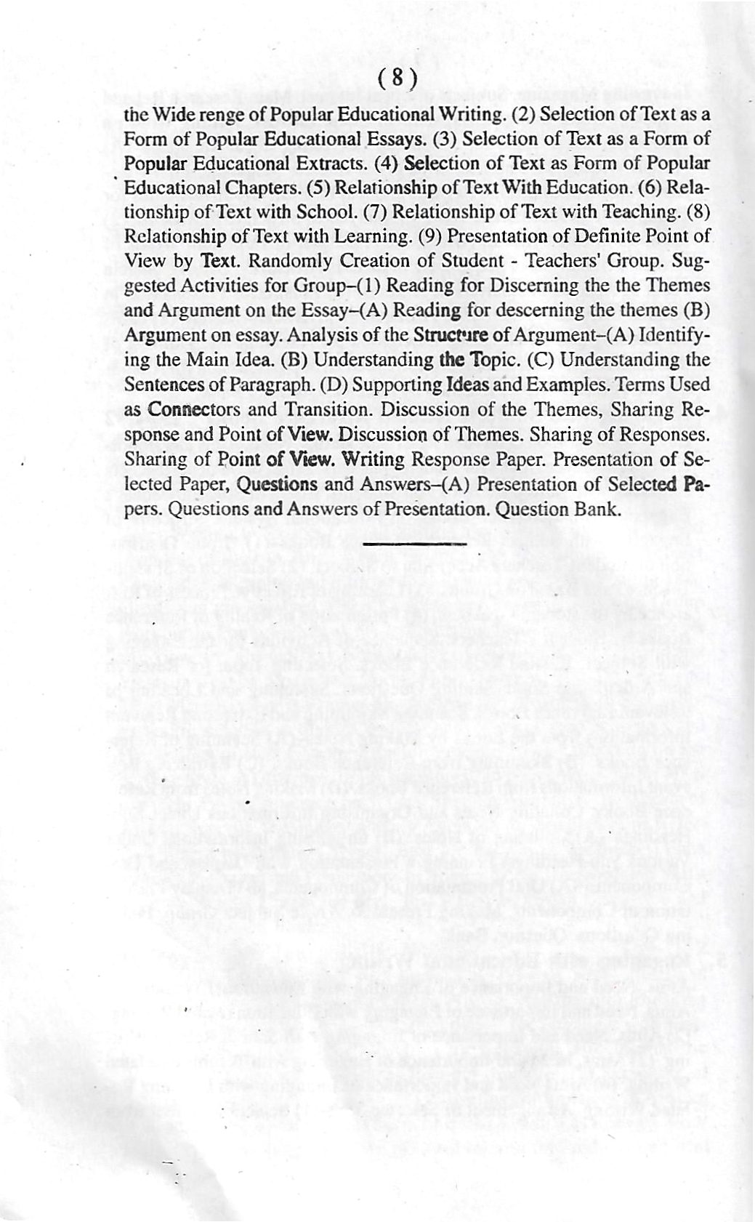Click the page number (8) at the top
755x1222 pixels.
(397, 78)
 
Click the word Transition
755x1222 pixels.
(326, 409)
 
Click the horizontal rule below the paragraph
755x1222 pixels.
(414, 543)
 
